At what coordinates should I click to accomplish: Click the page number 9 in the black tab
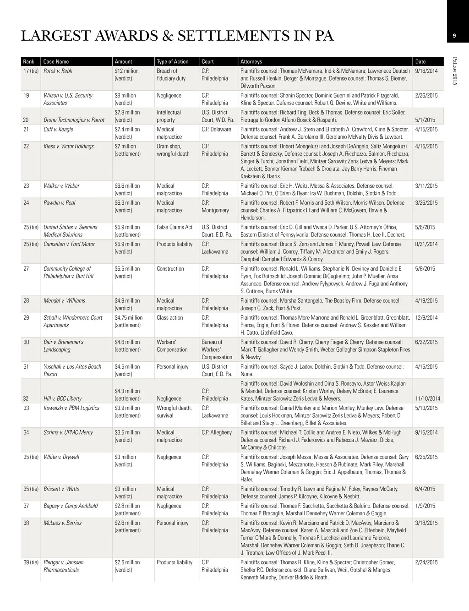click(453, 36)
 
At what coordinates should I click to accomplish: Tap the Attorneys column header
click(251, 61)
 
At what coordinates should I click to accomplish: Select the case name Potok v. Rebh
click(58, 71)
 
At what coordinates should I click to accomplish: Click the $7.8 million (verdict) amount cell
click(127, 116)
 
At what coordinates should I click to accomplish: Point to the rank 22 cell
click(26, 146)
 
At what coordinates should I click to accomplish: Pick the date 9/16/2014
click(426, 71)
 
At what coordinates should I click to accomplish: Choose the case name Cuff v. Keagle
click(58, 129)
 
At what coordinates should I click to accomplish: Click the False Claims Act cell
click(175, 227)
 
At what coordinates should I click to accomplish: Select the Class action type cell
click(170, 317)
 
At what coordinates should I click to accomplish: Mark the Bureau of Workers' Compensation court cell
click(217, 349)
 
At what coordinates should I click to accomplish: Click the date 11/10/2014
click(427, 398)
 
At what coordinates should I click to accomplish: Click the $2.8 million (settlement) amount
click(127, 509)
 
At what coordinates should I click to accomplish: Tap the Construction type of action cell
click(170, 269)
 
